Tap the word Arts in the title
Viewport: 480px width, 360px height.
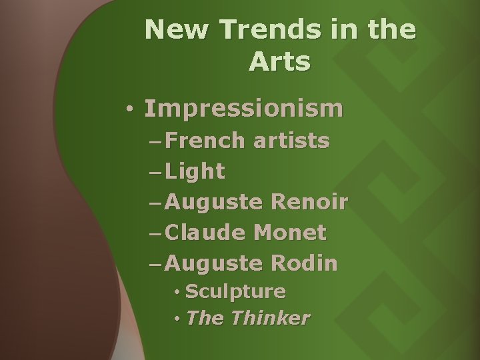[280, 62]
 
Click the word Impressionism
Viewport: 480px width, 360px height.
[244, 108]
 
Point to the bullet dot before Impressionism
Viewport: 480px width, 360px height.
[133, 109]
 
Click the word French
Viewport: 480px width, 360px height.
[205, 141]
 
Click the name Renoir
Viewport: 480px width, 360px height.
[310, 202]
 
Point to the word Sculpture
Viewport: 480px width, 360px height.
[236, 292]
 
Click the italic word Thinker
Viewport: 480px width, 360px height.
[271, 318]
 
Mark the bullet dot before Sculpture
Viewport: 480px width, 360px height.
[177, 292]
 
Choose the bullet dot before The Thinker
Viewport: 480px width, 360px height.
[177, 318]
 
